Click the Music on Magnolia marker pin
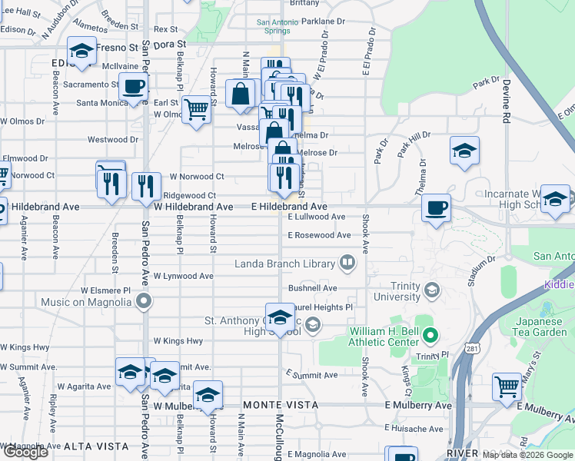tap(142, 301)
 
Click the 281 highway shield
tap(470, 350)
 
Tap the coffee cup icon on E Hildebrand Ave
tap(437, 207)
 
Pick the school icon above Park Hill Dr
tap(464, 151)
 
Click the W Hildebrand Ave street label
tap(194, 207)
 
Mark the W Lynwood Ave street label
tap(183, 275)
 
